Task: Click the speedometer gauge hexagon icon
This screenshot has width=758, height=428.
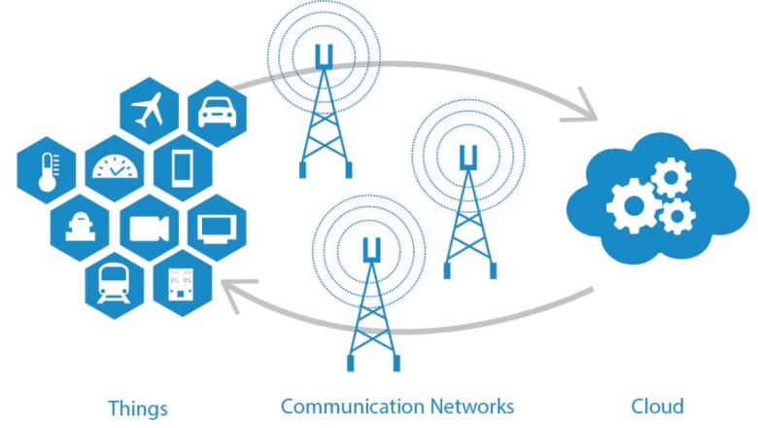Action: [x=117, y=169]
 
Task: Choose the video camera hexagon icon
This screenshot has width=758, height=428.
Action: [x=148, y=228]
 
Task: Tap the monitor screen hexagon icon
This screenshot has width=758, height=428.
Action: [x=216, y=228]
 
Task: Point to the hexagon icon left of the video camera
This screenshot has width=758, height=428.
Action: [x=80, y=228]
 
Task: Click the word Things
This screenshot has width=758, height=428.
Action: [x=138, y=408]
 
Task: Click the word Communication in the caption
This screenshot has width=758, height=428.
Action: [x=352, y=406]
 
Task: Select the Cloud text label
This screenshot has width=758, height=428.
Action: [x=657, y=406]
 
